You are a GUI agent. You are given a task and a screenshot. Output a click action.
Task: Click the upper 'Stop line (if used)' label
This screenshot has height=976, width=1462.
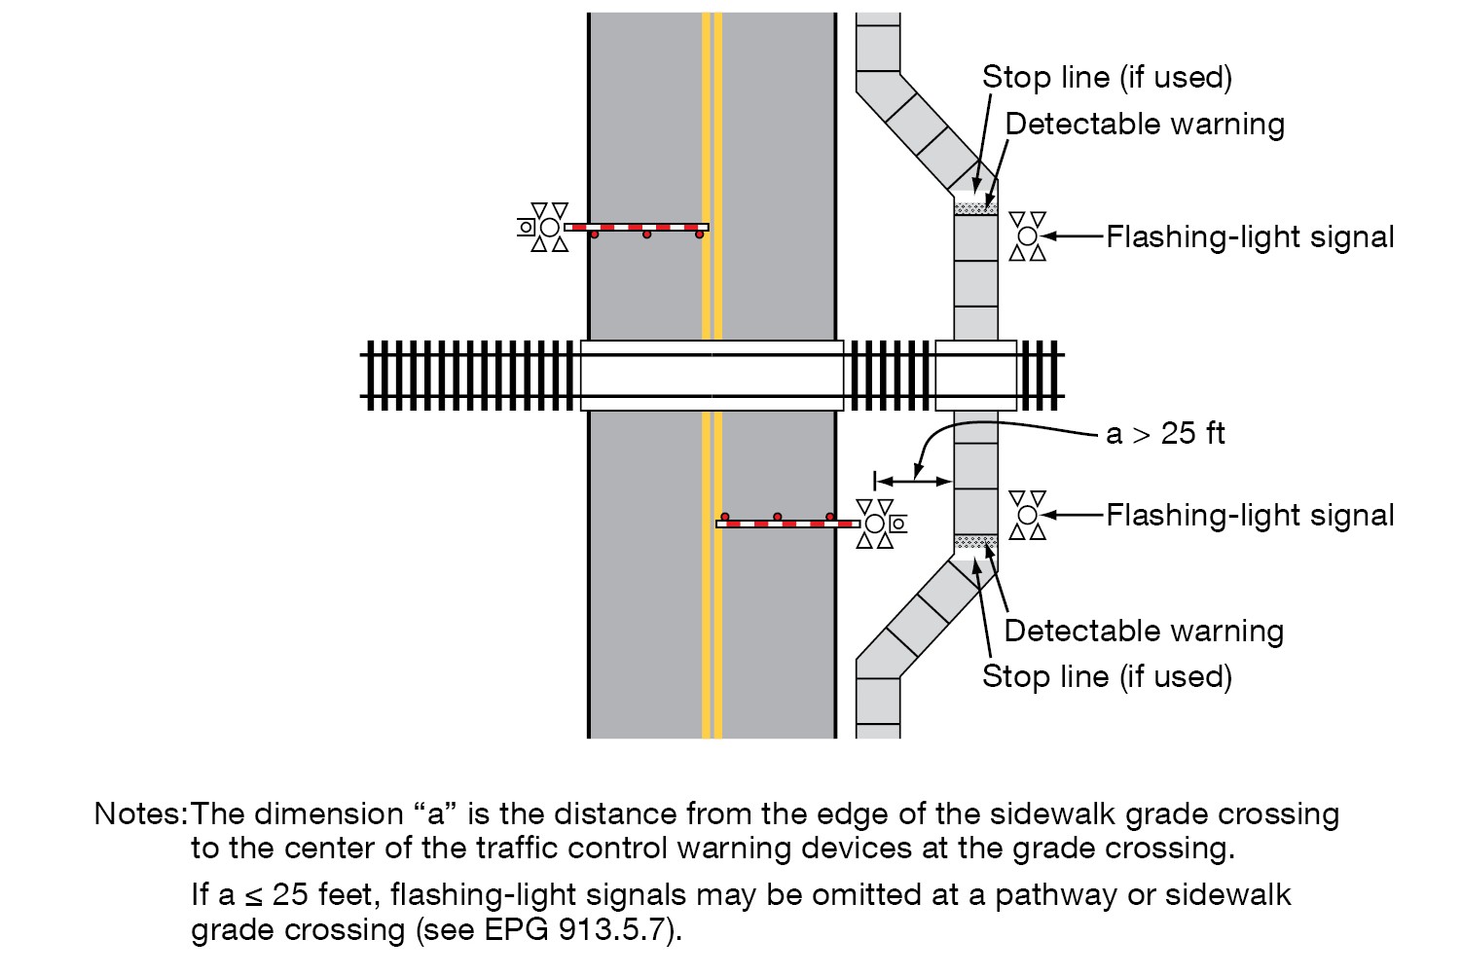(x=1107, y=78)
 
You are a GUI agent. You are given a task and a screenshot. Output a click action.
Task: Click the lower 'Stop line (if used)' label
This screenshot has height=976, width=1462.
(x=1107, y=676)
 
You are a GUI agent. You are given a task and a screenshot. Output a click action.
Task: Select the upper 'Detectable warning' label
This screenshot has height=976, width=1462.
(x=1145, y=125)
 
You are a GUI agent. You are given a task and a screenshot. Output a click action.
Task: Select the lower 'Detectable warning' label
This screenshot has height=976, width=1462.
(x=1144, y=632)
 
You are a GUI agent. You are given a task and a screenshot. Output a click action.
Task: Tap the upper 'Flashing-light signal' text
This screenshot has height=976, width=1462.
(x=1250, y=237)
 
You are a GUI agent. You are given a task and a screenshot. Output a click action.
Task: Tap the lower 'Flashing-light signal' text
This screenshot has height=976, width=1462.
(x=1250, y=515)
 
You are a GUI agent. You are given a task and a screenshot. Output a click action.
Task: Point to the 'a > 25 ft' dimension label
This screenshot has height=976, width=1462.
(x=1165, y=433)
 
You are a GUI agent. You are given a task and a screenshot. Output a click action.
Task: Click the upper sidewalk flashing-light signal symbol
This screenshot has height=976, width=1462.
(x=1028, y=235)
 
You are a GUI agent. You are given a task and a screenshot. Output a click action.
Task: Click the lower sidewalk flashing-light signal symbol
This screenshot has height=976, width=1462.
(x=1028, y=514)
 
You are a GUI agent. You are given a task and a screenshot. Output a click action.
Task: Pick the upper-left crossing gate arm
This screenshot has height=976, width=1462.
(x=637, y=228)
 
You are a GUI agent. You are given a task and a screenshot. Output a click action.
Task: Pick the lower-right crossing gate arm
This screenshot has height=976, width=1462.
(x=787, y=524)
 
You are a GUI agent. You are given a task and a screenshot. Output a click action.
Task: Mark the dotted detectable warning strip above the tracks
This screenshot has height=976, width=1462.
(x=975, y=207)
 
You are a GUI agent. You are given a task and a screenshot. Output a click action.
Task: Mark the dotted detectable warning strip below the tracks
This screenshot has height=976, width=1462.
(x=975, y=540)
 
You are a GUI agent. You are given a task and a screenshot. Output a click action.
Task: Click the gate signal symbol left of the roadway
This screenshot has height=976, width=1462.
(x=546, y=227)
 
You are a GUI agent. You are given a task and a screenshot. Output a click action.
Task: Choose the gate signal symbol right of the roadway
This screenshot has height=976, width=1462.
(x=878, y=524)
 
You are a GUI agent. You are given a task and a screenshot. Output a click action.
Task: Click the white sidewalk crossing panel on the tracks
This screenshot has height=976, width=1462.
(x=975, y=375)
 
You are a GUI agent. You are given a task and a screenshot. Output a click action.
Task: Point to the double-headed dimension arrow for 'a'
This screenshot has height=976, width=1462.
(x=914, y=480)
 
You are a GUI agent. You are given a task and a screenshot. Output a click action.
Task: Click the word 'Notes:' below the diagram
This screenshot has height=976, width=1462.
(x=140, y=813)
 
